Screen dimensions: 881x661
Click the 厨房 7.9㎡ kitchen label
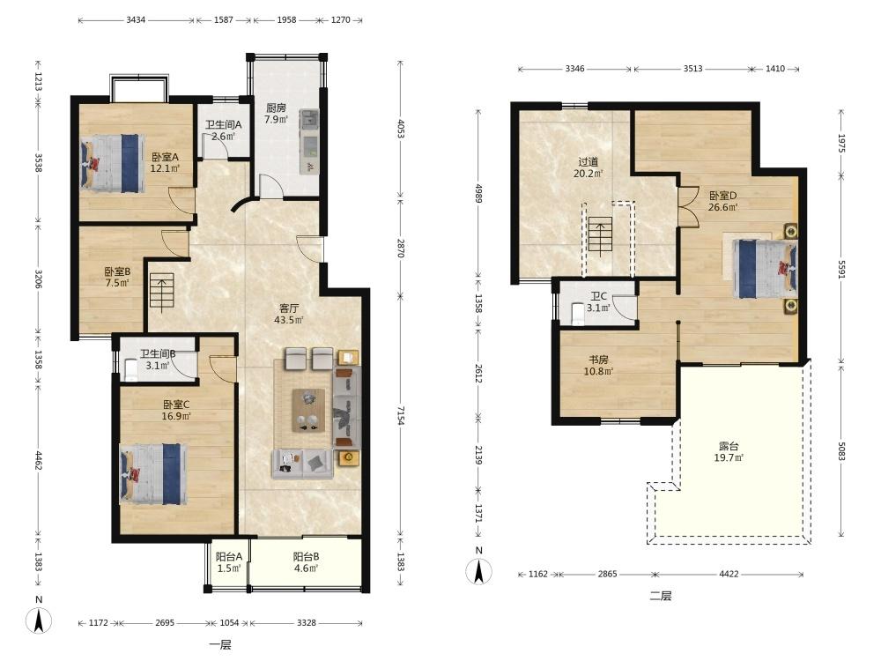pos(276,114)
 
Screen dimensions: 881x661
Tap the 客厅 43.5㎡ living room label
pos(289,315)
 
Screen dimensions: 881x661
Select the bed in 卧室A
pos(113,163)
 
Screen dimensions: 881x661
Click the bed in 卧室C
pos(153,474)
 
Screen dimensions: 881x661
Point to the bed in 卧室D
pos(766,269)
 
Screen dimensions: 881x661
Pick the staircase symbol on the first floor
pos(162,290)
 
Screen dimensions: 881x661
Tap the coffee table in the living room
pos(308,410)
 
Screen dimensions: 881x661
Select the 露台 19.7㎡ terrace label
pos(729,452)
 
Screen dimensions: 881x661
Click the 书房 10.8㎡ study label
pos(598,366)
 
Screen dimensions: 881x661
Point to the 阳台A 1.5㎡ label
pos(229,562)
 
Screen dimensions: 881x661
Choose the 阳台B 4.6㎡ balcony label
pos(307,562)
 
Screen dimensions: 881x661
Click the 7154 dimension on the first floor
pos(401,415)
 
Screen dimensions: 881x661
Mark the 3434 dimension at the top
pos(136,19)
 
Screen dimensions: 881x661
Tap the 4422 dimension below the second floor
pos(729,574)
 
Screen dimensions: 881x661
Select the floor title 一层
pos(220,645)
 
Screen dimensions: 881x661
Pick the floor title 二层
pos(661,596)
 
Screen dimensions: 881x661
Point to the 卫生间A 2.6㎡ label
pos(223,130)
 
